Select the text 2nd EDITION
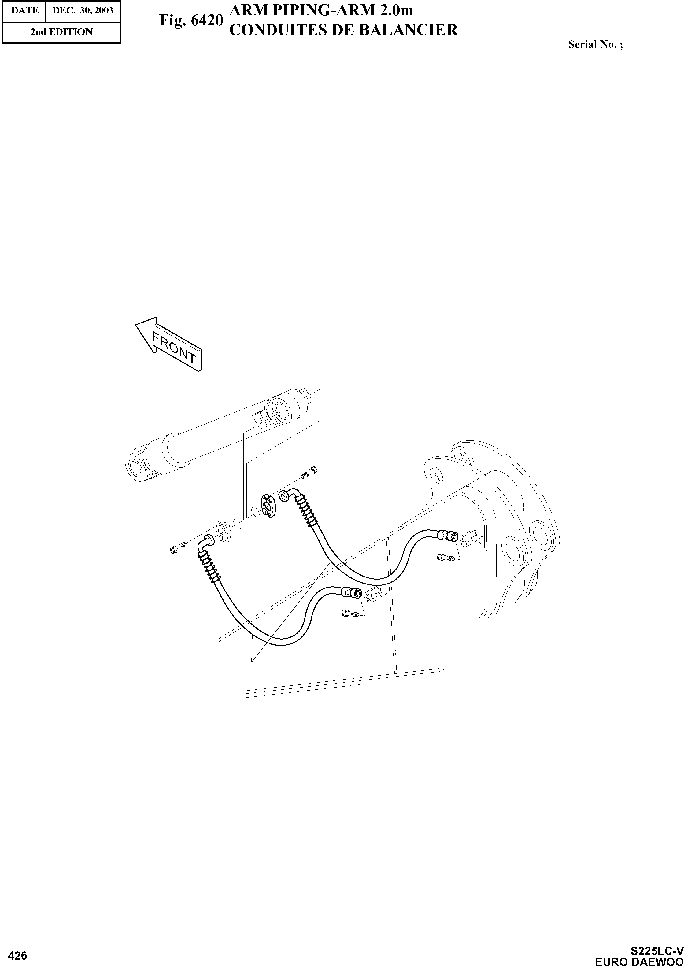coord(61,32)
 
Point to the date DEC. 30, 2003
coord(83,10)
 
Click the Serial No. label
coord(595,44)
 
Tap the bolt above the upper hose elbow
coord(309,473)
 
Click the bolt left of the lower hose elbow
coord(177,548)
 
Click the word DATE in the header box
coord(24,10)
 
